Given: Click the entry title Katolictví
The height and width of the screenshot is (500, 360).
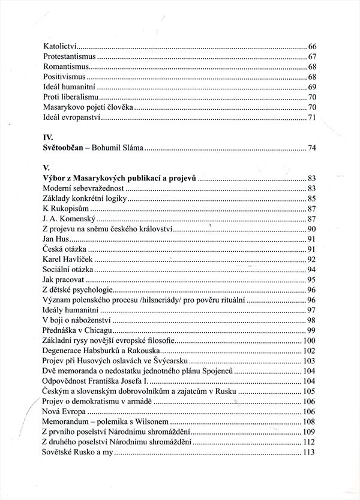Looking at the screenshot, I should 61,46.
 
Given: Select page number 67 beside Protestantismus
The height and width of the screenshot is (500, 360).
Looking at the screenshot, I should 311,56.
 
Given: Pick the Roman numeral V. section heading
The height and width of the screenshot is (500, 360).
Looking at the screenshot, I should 47,168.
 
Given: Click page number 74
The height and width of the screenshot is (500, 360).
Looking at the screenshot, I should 311,147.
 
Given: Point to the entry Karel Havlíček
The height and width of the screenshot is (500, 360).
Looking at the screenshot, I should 69,260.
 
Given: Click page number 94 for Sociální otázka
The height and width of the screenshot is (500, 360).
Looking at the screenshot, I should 311,270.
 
